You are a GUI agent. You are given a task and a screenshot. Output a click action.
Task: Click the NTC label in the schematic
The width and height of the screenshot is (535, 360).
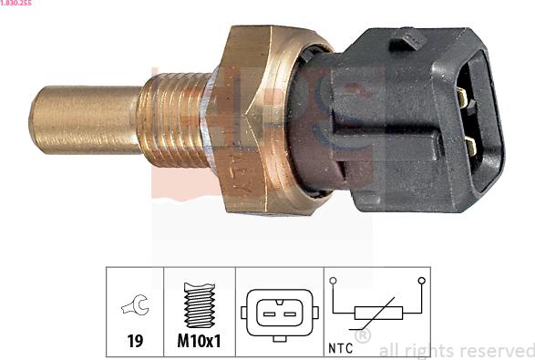pos(340,346)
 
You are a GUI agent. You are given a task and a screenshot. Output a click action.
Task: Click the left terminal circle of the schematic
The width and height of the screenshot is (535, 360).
pos(334,281)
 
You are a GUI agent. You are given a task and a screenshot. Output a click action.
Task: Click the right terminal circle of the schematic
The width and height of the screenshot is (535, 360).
pos(420,281)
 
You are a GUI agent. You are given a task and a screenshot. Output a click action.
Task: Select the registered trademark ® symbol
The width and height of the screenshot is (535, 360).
pos(363,337)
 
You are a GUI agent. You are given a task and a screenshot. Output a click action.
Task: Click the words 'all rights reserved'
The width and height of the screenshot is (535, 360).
pos(456,349)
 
